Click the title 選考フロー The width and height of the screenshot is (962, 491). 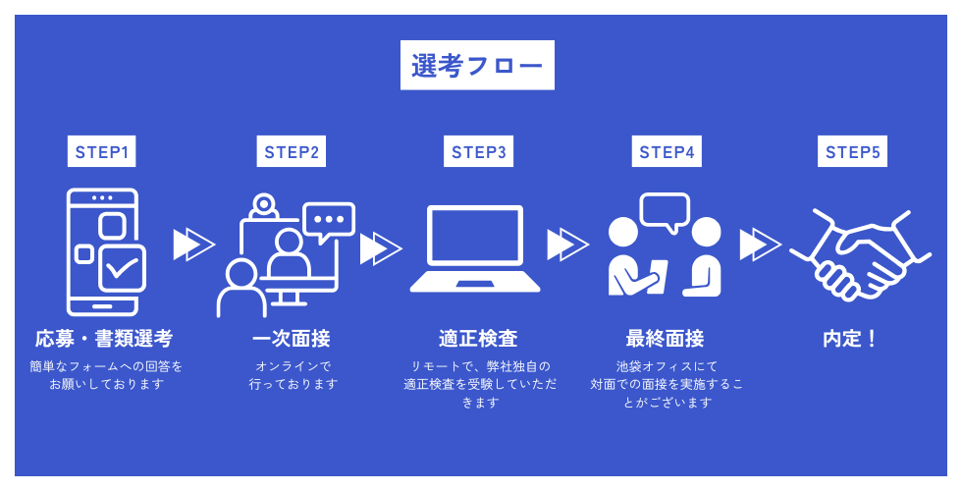pos(477,66)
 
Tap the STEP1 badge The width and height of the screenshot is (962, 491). pos(102,152)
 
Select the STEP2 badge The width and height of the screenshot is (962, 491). pos(291,152)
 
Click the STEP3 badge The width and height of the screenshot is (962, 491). pos(479,152)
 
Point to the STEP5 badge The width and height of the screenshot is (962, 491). pos(852,152)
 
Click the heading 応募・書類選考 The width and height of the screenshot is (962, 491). pos(103,339)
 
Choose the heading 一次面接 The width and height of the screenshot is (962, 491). pos(292,339)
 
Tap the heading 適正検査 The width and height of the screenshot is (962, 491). pos(478,339)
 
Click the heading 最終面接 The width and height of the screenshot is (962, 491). pos(665,339)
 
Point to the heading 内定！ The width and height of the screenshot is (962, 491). pos(850,339)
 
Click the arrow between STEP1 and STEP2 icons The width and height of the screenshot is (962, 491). pos(193,245)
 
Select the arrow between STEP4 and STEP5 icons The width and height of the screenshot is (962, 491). pos(759,245)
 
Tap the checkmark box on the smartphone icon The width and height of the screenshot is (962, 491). pos(123,267)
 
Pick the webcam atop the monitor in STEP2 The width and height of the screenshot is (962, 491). pos(262,206)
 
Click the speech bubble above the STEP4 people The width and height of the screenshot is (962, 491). pos(665,210)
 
